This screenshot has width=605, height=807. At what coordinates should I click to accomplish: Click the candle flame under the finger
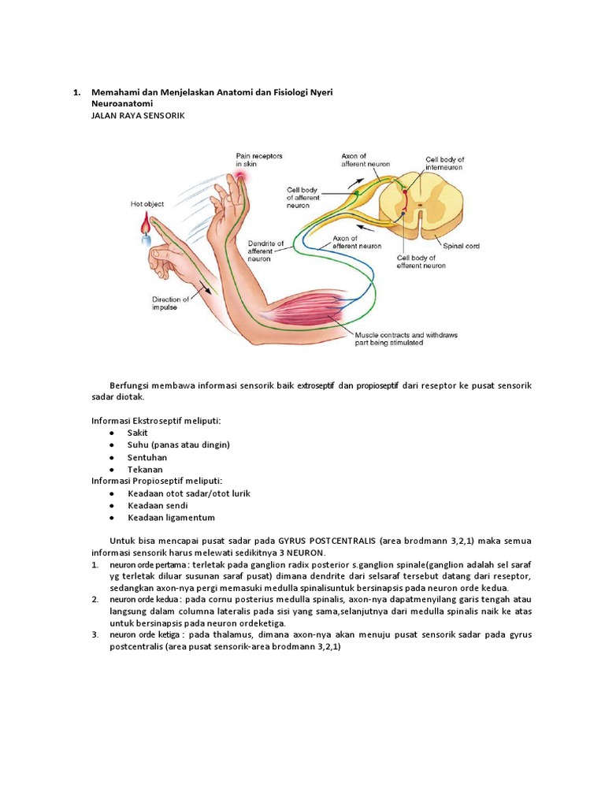point(144,226)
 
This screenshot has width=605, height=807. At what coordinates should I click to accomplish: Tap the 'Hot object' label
point(147,204)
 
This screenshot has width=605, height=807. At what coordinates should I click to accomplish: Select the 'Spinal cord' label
point(461,246)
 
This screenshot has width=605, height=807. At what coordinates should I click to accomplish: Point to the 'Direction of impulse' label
point(170,303)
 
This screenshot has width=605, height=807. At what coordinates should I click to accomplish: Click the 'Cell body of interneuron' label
point(445,163)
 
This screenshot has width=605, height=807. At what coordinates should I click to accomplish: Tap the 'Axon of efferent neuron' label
point(357,242)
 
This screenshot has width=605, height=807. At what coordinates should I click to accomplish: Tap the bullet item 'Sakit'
point(138,433)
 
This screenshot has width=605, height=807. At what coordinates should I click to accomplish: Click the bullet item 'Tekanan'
point(145,470)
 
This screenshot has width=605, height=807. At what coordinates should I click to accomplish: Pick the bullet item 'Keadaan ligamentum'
point(171,518)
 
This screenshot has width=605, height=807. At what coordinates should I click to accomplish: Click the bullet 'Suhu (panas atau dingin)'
point(178,444)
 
